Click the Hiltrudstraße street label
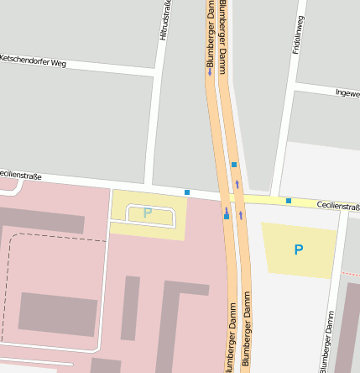(x=166, y=21)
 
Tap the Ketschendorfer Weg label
(x=33, y=61)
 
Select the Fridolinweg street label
(x=297, y=35)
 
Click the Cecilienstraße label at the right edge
(x=338, y=206)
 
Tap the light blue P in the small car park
(x=148, y=213)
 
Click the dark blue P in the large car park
(x=298, y=250)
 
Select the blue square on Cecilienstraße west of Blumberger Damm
(x=187, y=192)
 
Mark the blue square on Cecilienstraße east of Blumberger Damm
(x=289, y=201)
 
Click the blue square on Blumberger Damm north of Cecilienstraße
(x=234, y=165)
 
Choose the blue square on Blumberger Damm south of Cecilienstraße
(x=227, y=217)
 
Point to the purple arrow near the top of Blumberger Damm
(x=210, y=72)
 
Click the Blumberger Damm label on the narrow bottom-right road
(x=326, y=340)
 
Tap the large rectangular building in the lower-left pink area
(x=57, y=314)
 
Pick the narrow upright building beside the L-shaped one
(x=130, y=307)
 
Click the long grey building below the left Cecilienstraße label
(x=42, y=221)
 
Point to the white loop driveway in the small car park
(x=151, y=216)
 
